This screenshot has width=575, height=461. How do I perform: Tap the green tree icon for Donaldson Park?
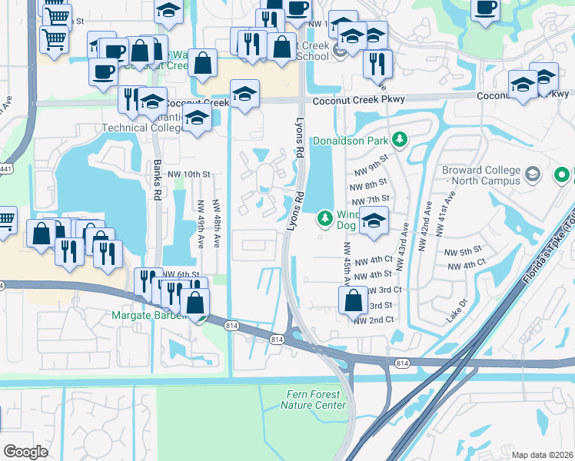[399, 140]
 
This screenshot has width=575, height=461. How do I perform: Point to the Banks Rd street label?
[156, 181]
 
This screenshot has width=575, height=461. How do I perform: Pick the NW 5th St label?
[463, 251]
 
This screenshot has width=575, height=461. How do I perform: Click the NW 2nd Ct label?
[374, 320]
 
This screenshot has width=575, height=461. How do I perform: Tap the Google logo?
[25, 452]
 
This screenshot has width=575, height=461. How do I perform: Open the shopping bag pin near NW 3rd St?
[353, 300]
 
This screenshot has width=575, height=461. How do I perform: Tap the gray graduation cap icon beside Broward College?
[531, 176]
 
